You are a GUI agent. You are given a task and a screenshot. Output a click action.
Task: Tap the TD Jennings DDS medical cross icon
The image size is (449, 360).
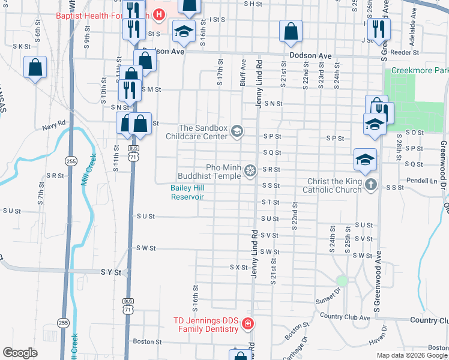pyautogui.click(x=247, y=325)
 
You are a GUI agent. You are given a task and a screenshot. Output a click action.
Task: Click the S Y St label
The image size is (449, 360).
pyautogui.click(x=110, y=272)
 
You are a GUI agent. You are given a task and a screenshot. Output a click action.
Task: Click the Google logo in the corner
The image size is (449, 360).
pyautogui.click(x=20, y=352)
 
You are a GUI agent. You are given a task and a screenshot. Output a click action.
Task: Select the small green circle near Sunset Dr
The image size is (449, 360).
pyautogui.click(x=342, y=281)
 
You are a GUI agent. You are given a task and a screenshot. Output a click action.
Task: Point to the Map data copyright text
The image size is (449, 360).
pyautogui.click(x=412, y=355)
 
